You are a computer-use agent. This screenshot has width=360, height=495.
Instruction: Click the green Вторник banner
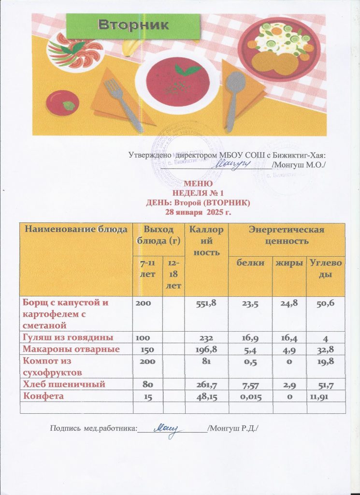tap(133, 25)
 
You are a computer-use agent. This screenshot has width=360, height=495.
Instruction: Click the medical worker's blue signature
tap(167, 427)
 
